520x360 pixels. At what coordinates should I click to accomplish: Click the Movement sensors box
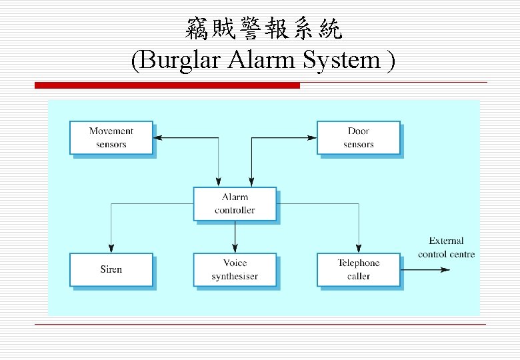click(111, 138)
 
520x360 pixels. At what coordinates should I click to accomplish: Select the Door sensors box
click(358, 138)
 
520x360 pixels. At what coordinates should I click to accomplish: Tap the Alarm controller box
click(235, 204)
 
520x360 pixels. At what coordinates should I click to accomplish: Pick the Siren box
click(111, 270)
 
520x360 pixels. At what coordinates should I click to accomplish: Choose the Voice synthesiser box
click(235, 270)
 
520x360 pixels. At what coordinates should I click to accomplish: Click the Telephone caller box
click(358, 270)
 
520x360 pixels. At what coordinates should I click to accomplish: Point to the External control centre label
click(446, 247)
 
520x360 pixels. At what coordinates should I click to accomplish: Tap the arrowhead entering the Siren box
click(111, 249)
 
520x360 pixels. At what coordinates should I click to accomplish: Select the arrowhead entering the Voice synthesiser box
click(235, 249)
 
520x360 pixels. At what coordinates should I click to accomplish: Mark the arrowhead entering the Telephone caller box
click(359, 249)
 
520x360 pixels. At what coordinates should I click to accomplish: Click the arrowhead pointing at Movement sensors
click(158, 138)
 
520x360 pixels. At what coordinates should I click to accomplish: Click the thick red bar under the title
click(167, 85)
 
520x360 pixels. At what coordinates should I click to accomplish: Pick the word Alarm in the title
click(263, 61)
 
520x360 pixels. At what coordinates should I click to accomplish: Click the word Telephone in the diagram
click(358, 263)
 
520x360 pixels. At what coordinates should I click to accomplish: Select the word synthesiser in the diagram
click(235, 277)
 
